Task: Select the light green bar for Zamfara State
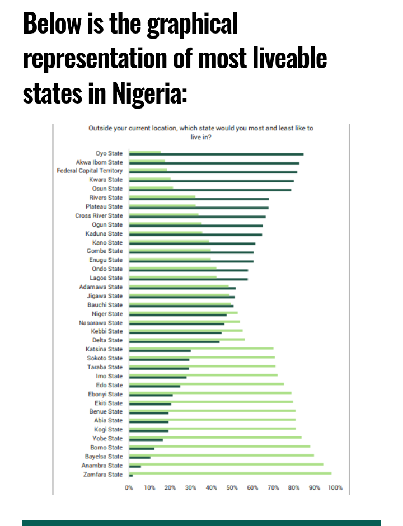230,473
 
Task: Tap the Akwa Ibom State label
99,162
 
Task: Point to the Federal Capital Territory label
90,171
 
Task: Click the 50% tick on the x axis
232,488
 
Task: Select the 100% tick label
335,488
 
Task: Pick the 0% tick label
129,488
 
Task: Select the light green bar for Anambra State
226,464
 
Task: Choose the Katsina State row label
104,349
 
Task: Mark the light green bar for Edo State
207,384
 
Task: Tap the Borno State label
106,448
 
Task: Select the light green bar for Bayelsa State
222,455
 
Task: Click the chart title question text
201,132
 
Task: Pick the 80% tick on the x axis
294,488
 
